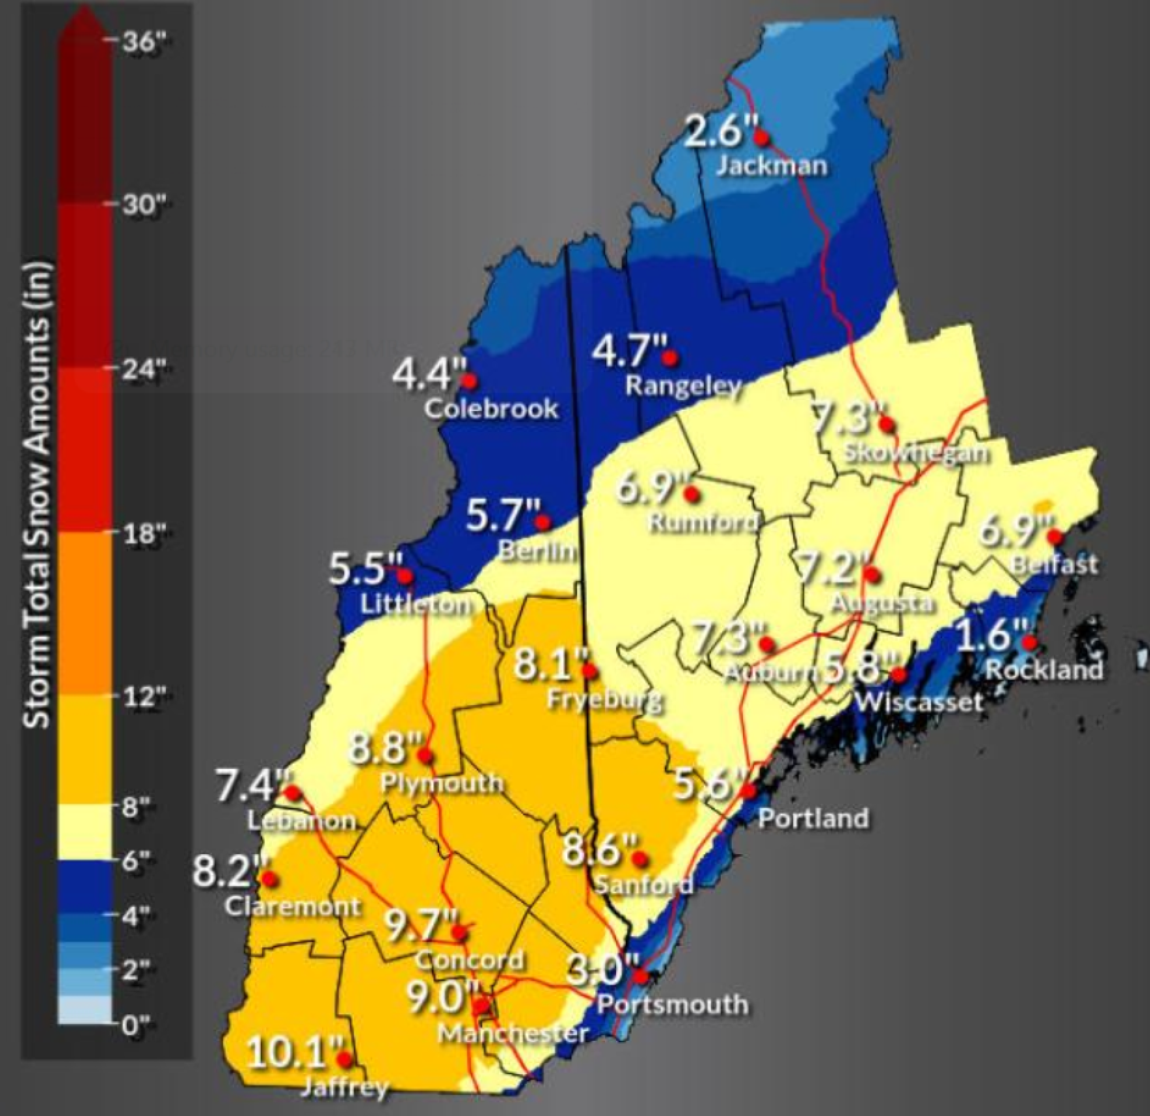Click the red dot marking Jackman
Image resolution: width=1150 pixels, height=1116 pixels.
761,137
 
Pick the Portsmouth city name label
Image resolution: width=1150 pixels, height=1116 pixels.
673,1004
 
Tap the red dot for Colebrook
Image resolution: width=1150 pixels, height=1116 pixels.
469,381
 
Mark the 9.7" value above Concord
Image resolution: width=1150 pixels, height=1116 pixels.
418,926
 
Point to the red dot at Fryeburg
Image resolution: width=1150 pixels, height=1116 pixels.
589,670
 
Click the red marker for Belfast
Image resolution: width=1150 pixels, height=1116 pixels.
1054,536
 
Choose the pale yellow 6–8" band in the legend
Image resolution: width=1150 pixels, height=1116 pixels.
85,832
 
